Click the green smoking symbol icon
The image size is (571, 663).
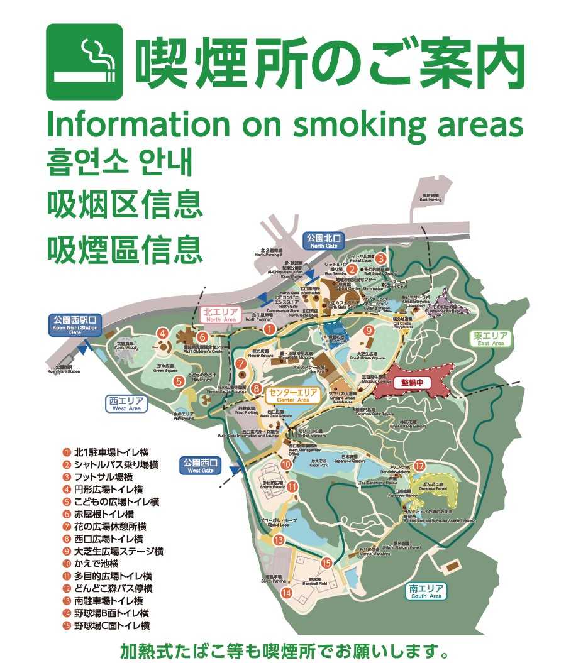point(84,61)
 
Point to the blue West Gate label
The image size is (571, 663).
point(201,466)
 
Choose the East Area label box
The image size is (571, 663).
point(490,339)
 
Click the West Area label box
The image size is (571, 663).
point(126,403)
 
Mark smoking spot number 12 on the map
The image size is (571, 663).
point(419,466)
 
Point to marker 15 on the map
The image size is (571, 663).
point(326,563)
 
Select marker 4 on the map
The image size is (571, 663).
point(163,334)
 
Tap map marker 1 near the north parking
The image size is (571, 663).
point(269,328)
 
